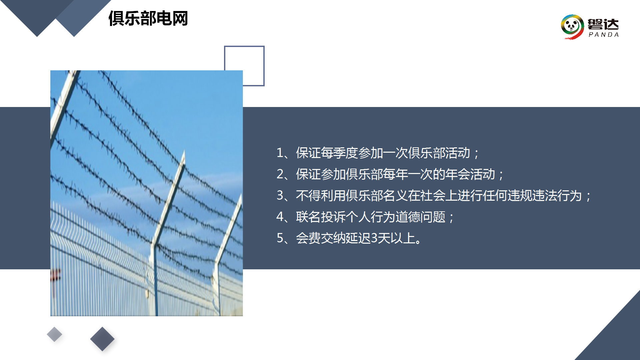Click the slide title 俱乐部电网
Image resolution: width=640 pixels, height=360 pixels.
148,18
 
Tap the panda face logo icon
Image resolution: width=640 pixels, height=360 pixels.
572,27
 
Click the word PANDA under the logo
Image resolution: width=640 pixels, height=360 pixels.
604,35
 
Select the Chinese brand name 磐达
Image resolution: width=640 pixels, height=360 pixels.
603,24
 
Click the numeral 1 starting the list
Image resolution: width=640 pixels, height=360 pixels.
280,153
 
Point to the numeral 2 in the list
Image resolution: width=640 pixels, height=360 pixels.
280,174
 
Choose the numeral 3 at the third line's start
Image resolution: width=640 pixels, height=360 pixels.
280,196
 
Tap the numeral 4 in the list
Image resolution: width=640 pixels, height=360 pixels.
280,217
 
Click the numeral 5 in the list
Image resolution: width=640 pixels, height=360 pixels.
280,238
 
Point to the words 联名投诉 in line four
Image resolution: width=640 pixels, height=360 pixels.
321,217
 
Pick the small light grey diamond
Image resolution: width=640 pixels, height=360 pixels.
54,334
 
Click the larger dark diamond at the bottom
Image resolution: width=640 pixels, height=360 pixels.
102,339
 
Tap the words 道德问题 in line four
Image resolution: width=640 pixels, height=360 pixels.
421,217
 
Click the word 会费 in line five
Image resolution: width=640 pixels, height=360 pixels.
308,238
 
